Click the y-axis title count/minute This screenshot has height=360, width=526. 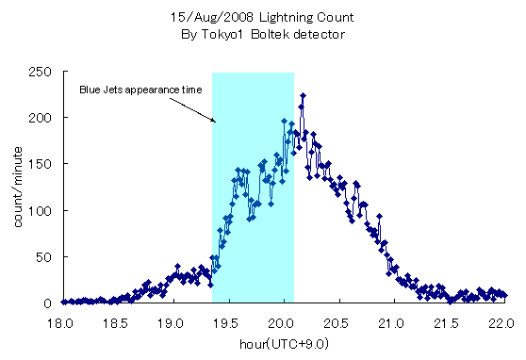point(16,187)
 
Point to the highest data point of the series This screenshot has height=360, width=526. point(303,95)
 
